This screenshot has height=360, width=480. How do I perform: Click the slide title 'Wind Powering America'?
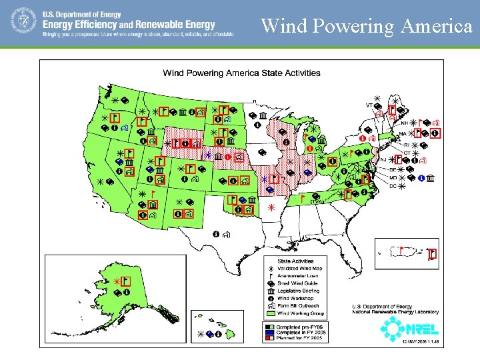367,26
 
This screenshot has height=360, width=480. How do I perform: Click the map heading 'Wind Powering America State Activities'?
242,73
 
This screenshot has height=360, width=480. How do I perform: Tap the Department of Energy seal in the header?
23,21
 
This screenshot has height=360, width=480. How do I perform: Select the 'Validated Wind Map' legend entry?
299,268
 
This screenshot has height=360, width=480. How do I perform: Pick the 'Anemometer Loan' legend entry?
297,275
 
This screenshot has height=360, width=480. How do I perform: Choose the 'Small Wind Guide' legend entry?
298,283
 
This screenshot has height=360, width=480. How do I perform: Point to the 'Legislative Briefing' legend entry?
299,291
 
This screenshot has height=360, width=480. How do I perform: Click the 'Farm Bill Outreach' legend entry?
299,306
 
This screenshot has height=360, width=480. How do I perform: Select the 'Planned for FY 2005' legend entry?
299,338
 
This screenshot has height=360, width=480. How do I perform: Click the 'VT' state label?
369,105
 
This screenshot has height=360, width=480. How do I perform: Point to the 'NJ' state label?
383,160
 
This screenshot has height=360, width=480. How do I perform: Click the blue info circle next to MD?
421,178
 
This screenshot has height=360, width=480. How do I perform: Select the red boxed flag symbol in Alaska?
126,282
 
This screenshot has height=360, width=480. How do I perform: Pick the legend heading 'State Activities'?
295,261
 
